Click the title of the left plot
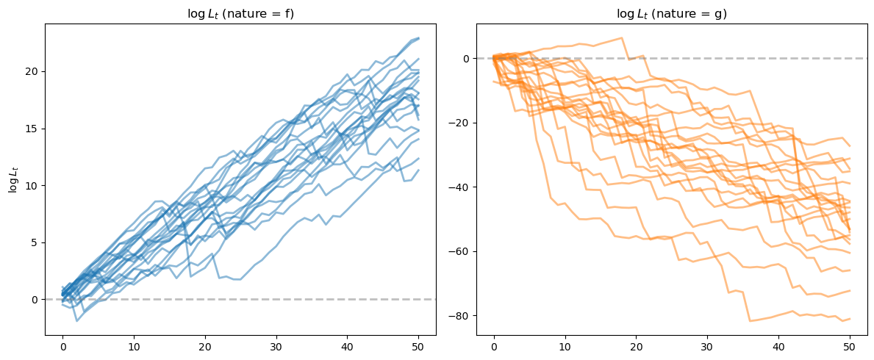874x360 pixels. pos(240,12)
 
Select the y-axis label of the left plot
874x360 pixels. pos(13,179)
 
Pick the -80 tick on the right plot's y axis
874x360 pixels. pos(461,316)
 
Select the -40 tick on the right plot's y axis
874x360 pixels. pos(461,187)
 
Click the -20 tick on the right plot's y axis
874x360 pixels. pos(461,123)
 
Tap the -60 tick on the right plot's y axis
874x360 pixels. pos(461,251)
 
